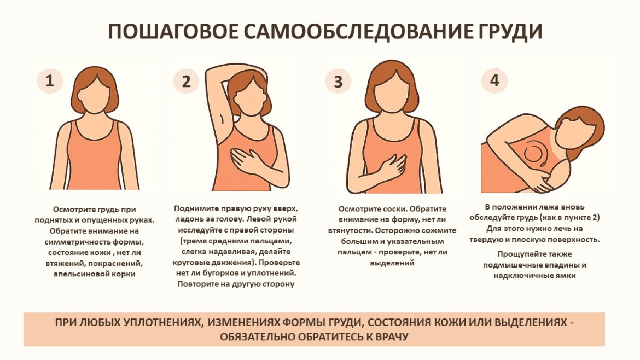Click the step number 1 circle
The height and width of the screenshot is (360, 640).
50,80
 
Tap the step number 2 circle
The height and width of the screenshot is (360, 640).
186,81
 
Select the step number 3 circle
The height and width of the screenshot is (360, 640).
338,81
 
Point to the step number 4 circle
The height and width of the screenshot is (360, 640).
494,80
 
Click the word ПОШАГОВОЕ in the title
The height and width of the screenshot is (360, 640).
173,31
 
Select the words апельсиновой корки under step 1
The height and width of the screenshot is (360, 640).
94,274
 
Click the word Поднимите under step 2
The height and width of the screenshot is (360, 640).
194,208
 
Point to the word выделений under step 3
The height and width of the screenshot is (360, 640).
392,263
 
